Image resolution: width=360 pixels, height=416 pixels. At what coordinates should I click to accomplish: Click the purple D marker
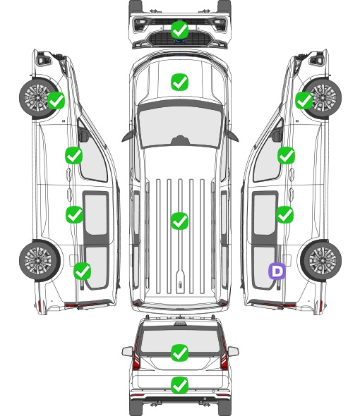pyautogui.click(x=277, y=271)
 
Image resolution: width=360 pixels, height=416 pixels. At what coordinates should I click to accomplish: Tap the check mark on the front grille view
pyautogui.click(x=180, y=30)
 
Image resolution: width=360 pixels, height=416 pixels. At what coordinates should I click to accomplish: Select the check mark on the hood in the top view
pyautogui.click(x=180, y=82)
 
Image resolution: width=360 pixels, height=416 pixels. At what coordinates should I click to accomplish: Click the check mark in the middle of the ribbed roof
pyautogui.click(x=180, y=221)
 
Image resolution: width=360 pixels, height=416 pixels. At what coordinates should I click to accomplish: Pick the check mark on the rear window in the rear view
pyautogui.click(x=180, y=353)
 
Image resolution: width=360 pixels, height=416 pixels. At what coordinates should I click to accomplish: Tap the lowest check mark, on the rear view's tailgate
pyautogui.click(x=180, y=385)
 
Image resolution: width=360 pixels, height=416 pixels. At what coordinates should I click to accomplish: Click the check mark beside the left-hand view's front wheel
pyautogui.click(x=56, y=100)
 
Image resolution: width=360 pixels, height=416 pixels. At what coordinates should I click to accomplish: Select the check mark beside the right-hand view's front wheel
pyautogui.click(x=304, y=100)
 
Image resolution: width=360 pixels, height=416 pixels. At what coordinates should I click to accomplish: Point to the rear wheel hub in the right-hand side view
pyautogui.click(x=322, y=261)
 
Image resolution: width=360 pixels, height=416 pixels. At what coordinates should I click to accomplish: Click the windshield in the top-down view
pyautogui.click(x=180, y=126)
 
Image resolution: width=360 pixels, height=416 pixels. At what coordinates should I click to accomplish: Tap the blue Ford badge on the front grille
pyautogui.click(x=180, y=41)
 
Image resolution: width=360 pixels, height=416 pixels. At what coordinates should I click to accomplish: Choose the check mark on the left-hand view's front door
pyautogui.click(x=74, y=155)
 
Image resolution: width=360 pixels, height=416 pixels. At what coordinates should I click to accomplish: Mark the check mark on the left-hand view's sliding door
pyautogui.click(x=74, y=214)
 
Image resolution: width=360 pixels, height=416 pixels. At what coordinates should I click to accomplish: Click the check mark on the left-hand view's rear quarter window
pyautogui.click(x=83, y=271)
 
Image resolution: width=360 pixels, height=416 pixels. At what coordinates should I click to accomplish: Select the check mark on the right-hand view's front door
pyautogui.click(x=286, y=155)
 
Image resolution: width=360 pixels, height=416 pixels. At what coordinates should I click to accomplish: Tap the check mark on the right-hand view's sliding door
pyautogui.click(x=285, y=214)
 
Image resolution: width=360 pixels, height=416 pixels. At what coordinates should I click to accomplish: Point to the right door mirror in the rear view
pyautogui.click(x=233, y=351)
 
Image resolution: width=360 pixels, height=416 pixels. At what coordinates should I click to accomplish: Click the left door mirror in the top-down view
pyautogui.click(x=128, y=136)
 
